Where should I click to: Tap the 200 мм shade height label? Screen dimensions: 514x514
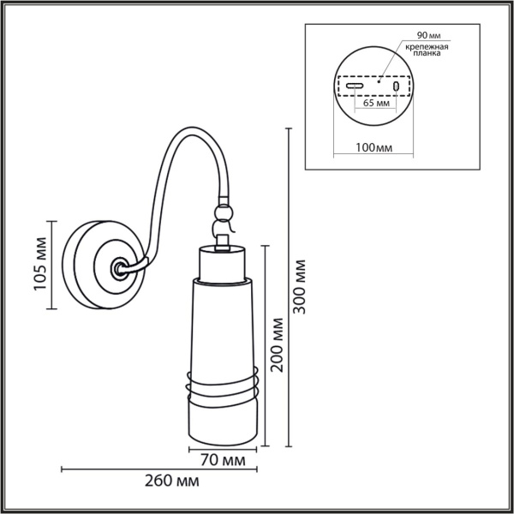click(x=277, y=345)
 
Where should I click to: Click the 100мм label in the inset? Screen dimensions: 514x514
click(x=373, y=147)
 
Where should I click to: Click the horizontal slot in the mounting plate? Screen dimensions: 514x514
click(x=356, y=87)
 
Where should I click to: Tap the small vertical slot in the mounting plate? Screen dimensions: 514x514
click(x=396, y=87)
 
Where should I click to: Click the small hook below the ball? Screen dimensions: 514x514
click(x=222, y=230)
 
